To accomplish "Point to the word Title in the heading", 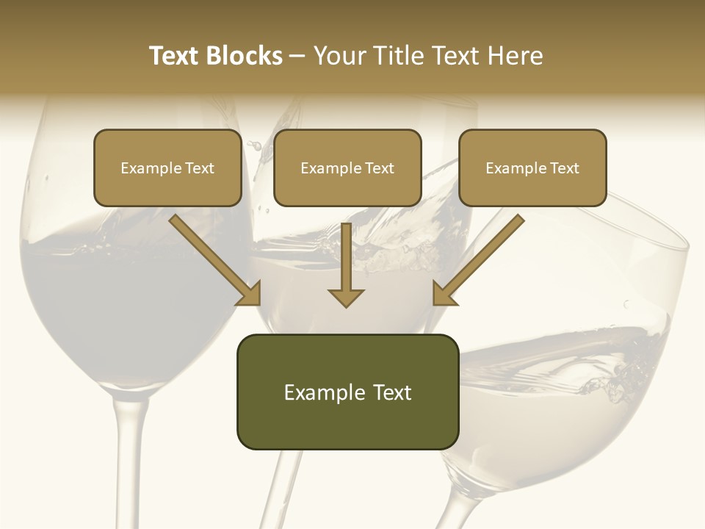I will [x=401, y=56].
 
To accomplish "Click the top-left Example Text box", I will [x=167, y=168].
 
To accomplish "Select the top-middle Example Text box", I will [x=347, y=168].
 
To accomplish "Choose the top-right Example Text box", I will [x=532, y=168].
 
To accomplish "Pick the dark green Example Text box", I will [x=347, y=392].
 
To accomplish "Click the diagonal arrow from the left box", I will [x=216, y=261].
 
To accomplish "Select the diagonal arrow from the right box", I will [x=478, y=261].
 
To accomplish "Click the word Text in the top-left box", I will [x=200, y=168].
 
